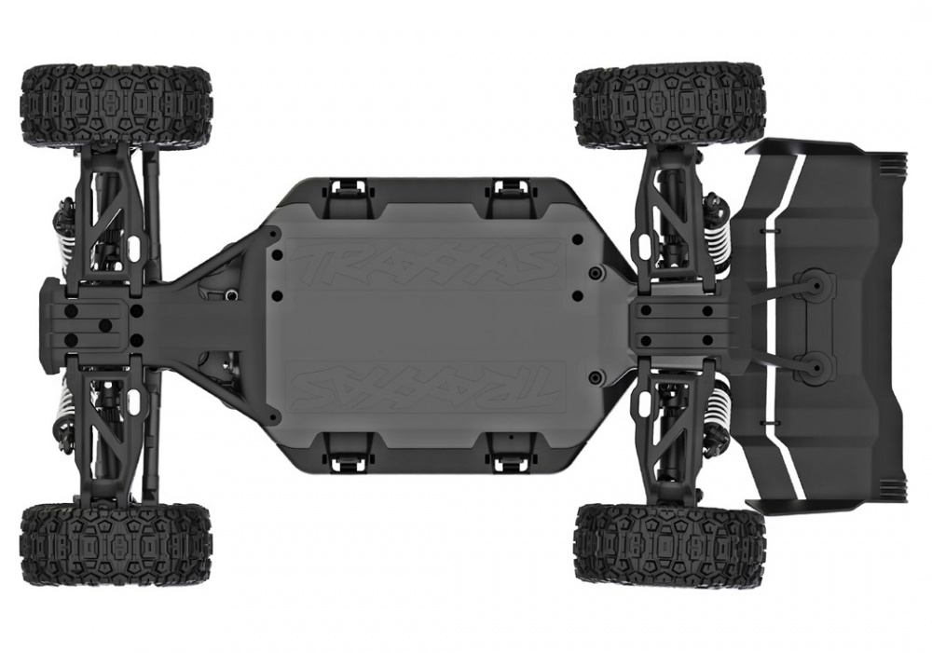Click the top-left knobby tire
[116, 104]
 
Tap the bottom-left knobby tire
[116, 544]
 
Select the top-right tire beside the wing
[669, 105]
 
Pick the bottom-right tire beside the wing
[669, 544]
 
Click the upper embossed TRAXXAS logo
[424, 265]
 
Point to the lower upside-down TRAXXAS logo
[424, 384]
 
